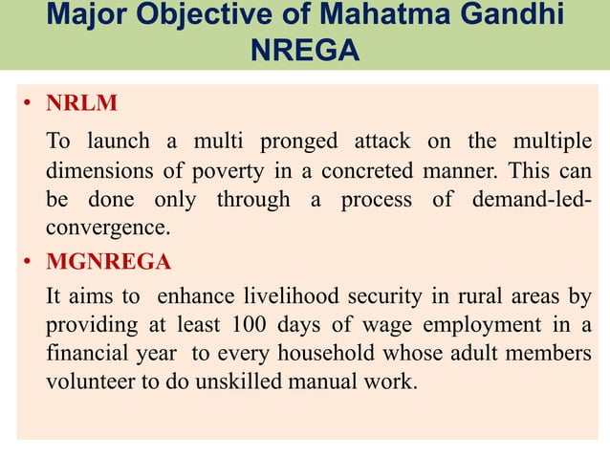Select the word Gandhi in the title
[511, 15]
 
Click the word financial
[86, 354]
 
